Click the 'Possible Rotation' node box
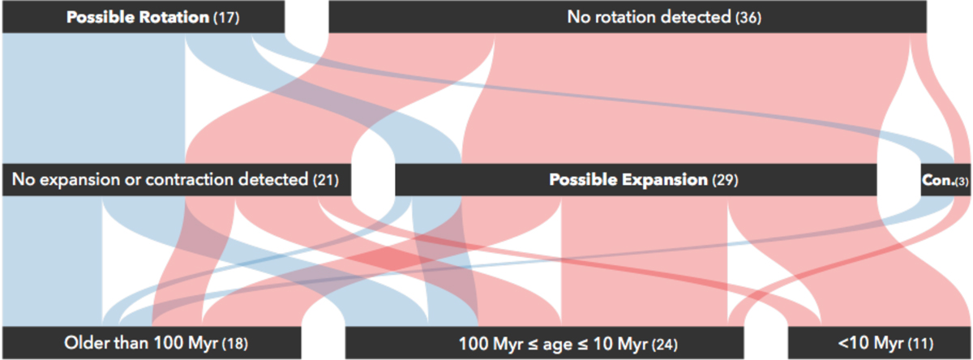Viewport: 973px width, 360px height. (144, 17)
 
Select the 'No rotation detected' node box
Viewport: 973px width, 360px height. (628, 17)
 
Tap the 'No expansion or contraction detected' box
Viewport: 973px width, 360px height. (177, 180)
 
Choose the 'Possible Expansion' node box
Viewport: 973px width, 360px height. (636, 180)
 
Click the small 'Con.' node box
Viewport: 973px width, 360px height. (945, 180)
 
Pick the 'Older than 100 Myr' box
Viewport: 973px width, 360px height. (152, 343)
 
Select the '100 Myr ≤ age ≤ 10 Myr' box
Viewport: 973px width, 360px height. (544, 343)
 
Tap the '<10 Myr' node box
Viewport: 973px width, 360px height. (879, 343)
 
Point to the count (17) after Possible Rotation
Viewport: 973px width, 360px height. (226, 18)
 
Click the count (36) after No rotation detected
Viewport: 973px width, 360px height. (748, 18)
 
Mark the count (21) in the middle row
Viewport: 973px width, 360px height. (326, 180)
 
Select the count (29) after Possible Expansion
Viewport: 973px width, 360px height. (725, 180)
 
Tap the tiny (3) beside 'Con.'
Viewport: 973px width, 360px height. (962, 181)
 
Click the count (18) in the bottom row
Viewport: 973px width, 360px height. (235, 344)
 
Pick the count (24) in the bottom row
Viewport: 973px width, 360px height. (665, 345)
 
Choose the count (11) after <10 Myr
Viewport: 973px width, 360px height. (920, 344)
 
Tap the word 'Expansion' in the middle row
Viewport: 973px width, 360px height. (665, 180)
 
